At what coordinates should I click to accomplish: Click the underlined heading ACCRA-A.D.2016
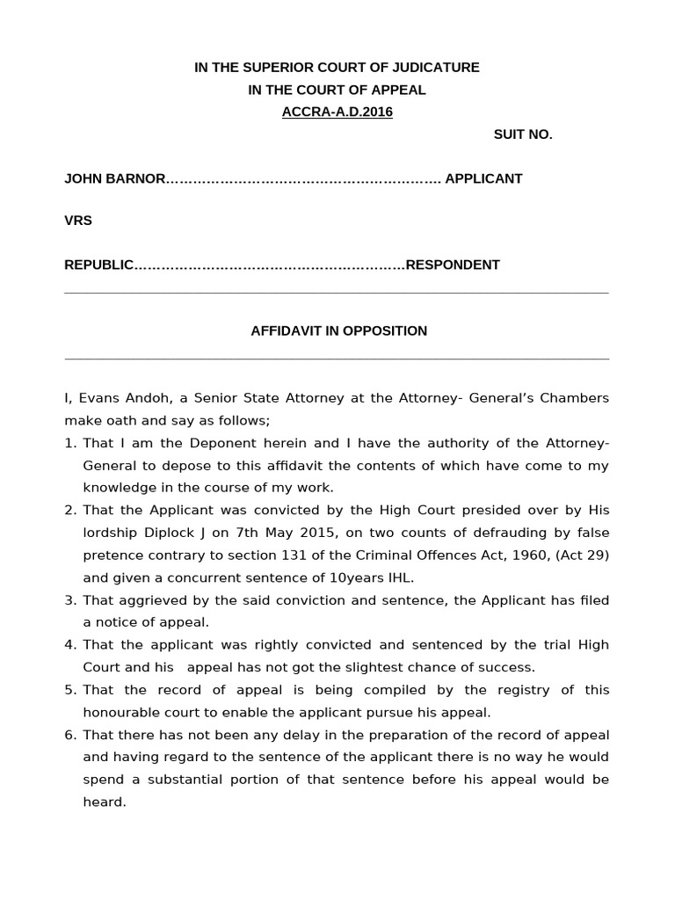(337, 112)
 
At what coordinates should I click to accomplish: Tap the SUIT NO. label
(523, 134)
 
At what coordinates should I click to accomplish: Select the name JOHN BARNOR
(114, 178)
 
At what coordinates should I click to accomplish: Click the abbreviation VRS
(78, 221)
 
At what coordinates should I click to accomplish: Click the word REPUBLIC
(98, 265)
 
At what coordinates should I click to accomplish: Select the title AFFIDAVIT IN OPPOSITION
(338, 330)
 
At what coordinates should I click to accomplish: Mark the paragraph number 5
(69, 690)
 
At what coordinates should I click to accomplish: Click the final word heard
(104, 802)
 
